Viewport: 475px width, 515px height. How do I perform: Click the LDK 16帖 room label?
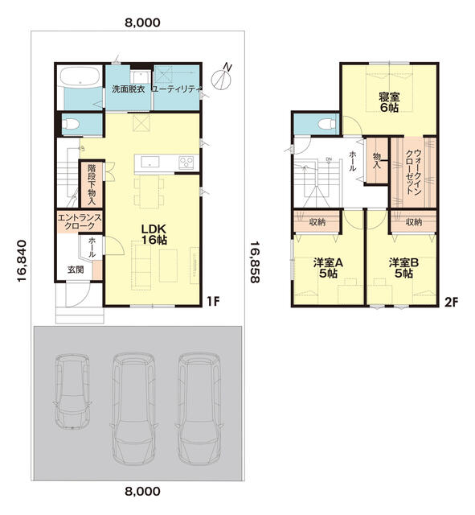coord(154,234)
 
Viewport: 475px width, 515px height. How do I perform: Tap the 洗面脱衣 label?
coord(129,89)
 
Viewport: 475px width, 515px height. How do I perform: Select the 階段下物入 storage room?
coord(92,184)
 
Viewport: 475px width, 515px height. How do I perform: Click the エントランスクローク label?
coord(80,222)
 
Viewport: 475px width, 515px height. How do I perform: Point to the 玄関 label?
coord(76,270)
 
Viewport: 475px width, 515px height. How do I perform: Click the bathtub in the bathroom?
coord(80,77)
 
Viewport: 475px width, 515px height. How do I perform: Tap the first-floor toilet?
coord(71,124)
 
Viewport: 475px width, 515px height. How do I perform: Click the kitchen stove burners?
coord(186,163)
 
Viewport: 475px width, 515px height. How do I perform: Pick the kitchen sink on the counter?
coord(150,162)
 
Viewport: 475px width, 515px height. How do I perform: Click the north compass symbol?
coord(223,78)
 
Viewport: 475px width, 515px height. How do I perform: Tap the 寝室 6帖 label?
coord(389,102)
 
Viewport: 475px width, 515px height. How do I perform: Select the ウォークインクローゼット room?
coord(413,172)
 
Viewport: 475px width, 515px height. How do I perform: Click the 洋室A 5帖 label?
coord(328,268)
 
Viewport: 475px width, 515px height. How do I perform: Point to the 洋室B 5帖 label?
coord(403,268)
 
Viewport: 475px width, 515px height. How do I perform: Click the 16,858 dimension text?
coord(255,262)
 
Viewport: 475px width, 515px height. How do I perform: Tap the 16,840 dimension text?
coord(22,262)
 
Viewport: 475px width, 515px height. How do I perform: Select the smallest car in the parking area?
coord(72,391)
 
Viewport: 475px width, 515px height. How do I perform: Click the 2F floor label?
coord(451,302)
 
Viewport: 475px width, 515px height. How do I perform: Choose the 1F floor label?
coord(213,301)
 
